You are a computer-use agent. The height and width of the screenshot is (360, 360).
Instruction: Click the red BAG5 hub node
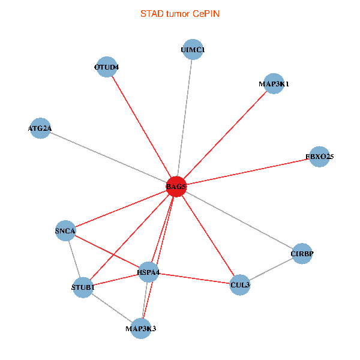[x=176, y=187]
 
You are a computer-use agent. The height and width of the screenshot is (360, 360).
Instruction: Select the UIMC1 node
[x=193, y=50]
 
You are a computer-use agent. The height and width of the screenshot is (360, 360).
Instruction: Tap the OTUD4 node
[x=107, y=67]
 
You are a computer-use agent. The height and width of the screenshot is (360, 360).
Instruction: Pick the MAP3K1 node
[x=274, y=84]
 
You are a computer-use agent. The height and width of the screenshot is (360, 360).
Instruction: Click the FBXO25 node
[x=319, y=157]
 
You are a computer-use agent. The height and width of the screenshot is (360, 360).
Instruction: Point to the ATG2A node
[x=40, y=128]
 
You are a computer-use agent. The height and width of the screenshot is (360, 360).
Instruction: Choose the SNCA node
[x=65, y=230]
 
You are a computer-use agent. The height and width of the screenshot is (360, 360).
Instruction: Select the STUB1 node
[x=83, y=288]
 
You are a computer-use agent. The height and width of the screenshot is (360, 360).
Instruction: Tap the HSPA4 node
[x=148, y=272]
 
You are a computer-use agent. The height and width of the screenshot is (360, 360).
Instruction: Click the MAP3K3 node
[x=141, y=328]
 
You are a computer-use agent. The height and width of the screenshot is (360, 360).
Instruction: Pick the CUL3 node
[x=239, y=284]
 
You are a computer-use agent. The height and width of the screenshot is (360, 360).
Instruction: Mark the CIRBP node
[x=302, y=254]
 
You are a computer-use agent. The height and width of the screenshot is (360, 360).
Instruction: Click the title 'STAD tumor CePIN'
[x=179, y=13]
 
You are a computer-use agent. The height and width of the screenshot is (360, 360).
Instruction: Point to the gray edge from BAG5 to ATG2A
[x=108, y=157]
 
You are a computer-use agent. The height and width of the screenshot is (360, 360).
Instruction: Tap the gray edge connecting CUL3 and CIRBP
[x=271, y=269]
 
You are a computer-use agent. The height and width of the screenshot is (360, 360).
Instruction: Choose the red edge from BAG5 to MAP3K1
[x=225, y=135]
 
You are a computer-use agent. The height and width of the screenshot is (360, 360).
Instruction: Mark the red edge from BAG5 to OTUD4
[x=142, y=127]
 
